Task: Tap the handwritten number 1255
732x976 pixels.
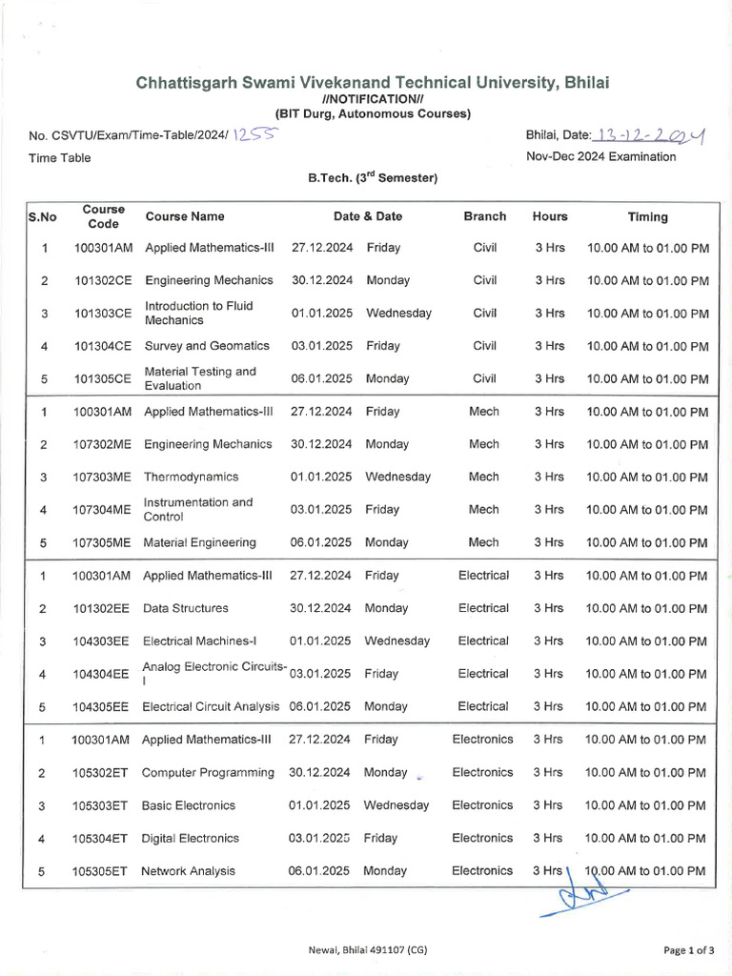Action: coord(256,135)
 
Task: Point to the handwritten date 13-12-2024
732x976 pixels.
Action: coord(648,135)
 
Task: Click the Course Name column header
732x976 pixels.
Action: coord(185,216)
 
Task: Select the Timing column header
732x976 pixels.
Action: coord(647,216)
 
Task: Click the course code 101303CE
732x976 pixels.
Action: coord(103,314)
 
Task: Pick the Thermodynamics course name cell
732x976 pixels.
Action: coord(191,477)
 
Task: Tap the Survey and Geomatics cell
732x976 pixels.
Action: coord(207,346)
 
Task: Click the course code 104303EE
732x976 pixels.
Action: coord(102,641)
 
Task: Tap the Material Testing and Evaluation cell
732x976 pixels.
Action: coord(200,378)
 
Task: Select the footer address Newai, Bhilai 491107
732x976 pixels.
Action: coord(366,949)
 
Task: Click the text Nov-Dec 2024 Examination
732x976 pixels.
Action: coord(600,156)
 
